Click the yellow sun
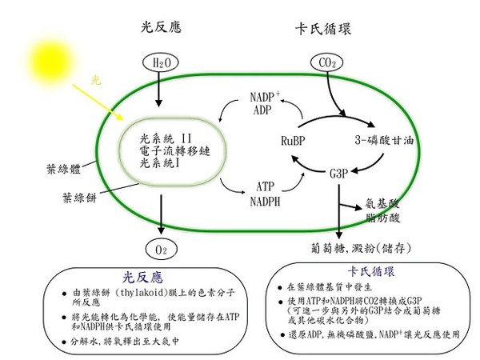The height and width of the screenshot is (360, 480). point(51,62)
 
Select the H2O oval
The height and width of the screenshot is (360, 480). point(161,62)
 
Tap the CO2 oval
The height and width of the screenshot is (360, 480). point(326,62)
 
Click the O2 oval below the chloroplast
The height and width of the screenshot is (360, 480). point(161,250)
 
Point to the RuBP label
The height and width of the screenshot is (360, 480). point(293,141)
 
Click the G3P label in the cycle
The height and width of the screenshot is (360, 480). point(339,174)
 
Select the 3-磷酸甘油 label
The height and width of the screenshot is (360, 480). point(385,140)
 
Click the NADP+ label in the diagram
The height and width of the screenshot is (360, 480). point(265,97)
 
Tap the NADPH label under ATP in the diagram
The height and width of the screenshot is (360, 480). point(265,202)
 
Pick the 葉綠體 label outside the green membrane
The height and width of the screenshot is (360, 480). point(64,169)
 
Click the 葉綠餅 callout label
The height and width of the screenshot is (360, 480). point(79,198)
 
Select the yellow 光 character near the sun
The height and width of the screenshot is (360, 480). point(96,81)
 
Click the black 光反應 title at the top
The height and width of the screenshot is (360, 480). point(161,27)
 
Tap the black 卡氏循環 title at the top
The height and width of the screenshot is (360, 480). point(323,29)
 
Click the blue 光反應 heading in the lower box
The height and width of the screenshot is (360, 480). point(142,277)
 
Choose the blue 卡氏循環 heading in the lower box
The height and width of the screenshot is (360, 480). point(371,271)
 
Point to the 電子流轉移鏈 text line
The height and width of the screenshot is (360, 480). point(174,151)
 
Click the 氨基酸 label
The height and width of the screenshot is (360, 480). point(382,203)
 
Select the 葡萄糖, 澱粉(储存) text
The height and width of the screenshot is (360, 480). point(361,248)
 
